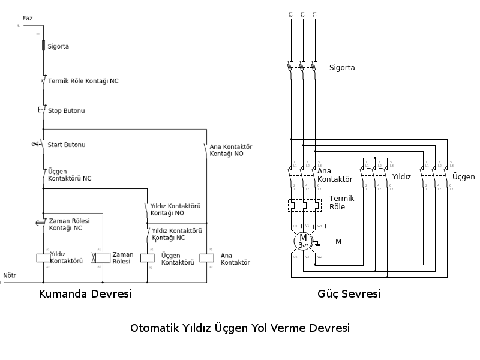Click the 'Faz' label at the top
click(x=28, y=19)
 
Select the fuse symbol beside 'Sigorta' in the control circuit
click(x=43, y=46)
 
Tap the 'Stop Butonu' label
click(x=66, y=111)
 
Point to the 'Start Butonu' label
click(x=67, y=145)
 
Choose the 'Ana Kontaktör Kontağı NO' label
click(x=230, y=150)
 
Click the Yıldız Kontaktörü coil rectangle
click(x=43, y=257)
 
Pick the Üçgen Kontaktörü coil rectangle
click(x=148, y=258)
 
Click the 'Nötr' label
click(x=10, y=276)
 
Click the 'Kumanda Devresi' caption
click(x=85, y=295)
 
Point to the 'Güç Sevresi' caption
click(x=349, y=295)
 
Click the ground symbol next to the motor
click(x=318, y=244)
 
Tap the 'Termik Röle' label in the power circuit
click(x=341, y=202)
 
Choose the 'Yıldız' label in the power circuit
click(x=401, y=177)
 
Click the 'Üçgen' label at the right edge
click(x=463, y=177)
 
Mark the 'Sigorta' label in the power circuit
click(x=342, y=68)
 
